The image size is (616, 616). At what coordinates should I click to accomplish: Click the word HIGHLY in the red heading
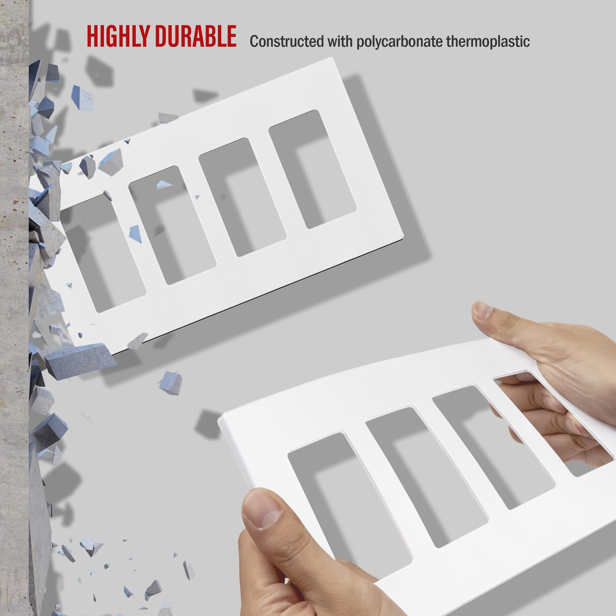(x=118, y=36)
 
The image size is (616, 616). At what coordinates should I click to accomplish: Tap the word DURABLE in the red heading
(x=195, y=36)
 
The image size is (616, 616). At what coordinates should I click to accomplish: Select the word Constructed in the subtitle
(x=286, y=41)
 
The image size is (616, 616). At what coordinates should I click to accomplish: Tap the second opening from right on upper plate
(x=242, y=197)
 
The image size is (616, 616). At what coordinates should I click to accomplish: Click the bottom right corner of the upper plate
(x=403, y=236)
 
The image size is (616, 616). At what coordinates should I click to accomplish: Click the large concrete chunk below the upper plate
(x=80, y=360)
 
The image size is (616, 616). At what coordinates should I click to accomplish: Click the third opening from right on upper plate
(x=172, y=225)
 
